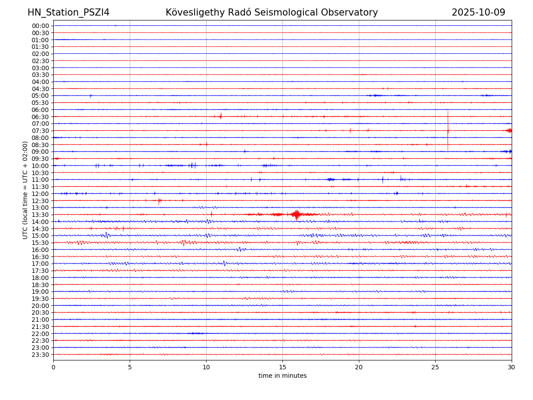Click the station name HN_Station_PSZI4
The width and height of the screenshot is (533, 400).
68,12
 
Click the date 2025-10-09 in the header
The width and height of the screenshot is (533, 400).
478,12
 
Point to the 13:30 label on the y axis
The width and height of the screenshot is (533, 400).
40,215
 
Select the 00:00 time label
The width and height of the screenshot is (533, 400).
40,26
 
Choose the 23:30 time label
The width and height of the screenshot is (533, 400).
40,355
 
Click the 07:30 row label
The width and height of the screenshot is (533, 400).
40,131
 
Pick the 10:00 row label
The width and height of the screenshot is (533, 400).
40,166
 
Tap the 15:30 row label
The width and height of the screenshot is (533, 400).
40,243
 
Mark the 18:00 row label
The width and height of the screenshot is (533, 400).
40,278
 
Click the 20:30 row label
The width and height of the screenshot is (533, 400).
40,312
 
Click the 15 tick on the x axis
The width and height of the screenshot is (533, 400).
282,368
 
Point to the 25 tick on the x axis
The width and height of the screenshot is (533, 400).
435,368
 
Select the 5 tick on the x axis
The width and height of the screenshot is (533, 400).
130,368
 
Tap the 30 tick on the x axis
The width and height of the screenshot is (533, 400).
512,368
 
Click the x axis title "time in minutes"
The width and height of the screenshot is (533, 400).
282,376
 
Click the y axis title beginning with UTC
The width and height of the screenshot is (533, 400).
25,190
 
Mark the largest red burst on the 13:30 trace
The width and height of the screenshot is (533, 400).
296,215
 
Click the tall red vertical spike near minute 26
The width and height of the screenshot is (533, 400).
448,130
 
